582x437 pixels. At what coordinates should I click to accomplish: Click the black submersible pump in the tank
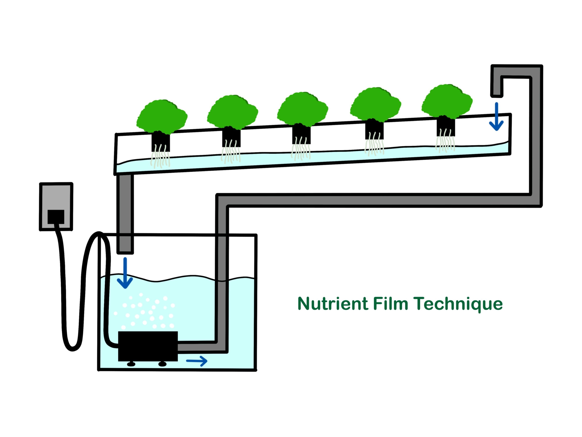point(148,346)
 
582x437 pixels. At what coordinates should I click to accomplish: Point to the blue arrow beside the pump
point(197,361)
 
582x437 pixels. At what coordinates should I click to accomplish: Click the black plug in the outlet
point(56,217)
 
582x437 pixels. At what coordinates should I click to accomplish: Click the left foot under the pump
point(131,364)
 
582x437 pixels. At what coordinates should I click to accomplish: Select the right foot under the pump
point(162,364)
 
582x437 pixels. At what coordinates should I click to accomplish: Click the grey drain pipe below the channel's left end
point(125,213)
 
